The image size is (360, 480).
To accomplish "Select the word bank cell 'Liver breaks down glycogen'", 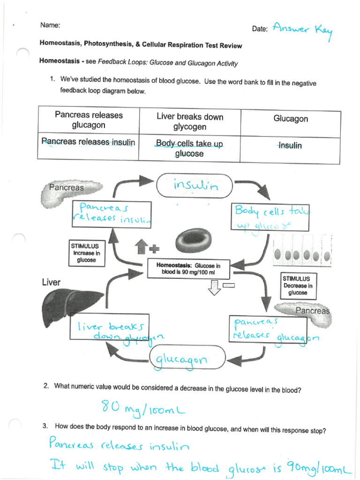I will click(189, 122).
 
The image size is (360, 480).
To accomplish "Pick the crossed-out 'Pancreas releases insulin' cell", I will click(88, 142).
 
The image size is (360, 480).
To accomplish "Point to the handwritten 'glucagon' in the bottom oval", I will click(181, 360).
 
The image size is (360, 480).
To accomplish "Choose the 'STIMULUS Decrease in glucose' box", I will click(298, 285).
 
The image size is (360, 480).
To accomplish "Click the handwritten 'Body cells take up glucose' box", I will click(269, 217).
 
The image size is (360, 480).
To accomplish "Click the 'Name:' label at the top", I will click(50, 25).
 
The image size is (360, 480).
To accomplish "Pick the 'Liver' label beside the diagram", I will click(51, 282).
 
